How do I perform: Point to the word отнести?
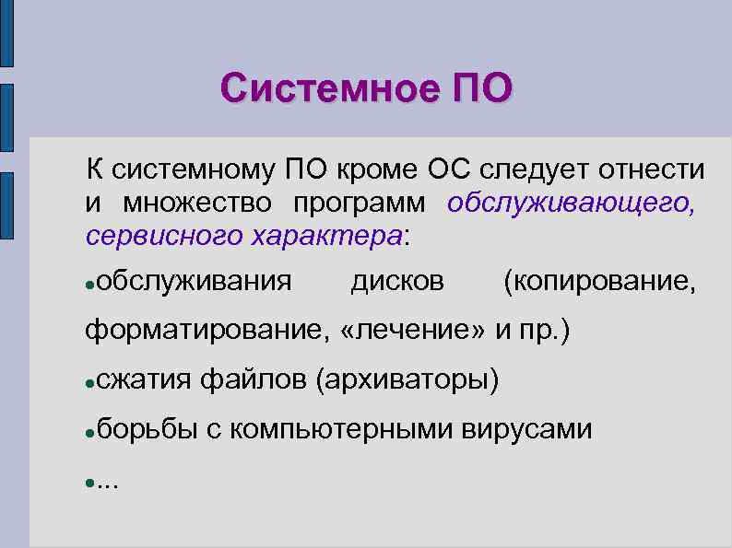pos(653,170)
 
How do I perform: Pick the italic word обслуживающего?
pos(572,203)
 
